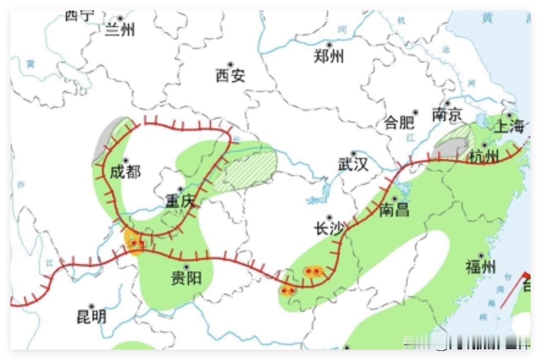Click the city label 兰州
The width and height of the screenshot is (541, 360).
pos(120,30)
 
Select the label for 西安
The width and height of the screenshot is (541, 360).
pos(230,76)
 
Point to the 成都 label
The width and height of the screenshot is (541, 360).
pos(125,172)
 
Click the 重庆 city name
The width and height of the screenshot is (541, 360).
pos(180,201)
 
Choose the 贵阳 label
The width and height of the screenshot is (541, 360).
pos(186,278)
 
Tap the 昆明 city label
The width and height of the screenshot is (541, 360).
pos(91,317)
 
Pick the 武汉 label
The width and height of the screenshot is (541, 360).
pos(353,165)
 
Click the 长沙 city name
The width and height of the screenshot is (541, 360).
pos(329,229)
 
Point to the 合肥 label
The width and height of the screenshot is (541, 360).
pos(399,123)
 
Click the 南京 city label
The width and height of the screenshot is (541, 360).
pos(447,115)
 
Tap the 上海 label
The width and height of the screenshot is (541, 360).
pos(509,126)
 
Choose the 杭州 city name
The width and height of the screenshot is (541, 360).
pos(484,157)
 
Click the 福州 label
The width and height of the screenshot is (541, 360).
pos(481,267)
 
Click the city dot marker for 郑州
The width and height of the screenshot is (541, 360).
pos(330,44)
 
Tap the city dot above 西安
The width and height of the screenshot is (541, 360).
pos(230,65)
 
